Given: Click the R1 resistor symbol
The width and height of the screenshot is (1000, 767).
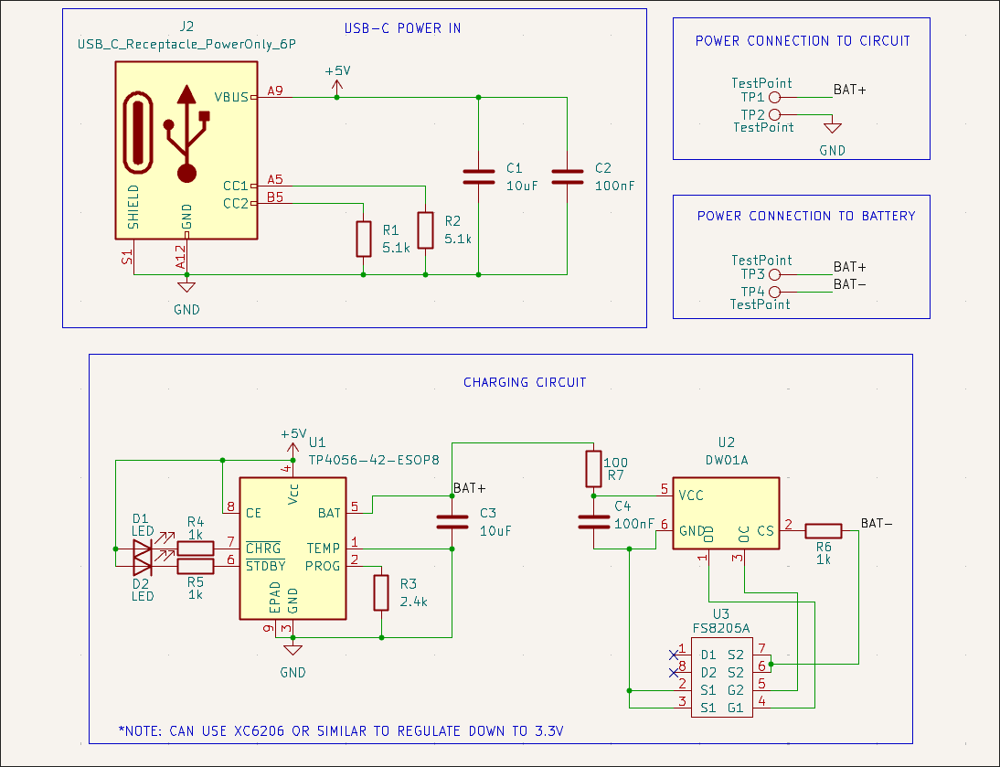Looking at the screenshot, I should pyautogui.click(x=364, y=239).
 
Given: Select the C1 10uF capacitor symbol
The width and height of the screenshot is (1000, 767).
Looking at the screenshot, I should pyautogui.click(x=478, y=176).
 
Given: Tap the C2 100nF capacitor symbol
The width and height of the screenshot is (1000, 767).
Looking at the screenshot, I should pyautogui.click(x=567, y=176).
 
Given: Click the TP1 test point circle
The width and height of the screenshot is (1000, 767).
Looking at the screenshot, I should pyautogui.click(x=774, y=97).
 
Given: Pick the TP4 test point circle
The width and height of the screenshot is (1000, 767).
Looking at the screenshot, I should pyautogui.click(x=774, y=292).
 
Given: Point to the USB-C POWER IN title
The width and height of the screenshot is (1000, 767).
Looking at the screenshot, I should pyautogui.click(x=402, y=28).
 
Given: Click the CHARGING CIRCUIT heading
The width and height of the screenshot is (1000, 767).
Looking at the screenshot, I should pyautogui.click(x=525, y=382).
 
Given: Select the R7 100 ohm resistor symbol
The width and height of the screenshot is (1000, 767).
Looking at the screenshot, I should pyautogui.click(x=593, y=469).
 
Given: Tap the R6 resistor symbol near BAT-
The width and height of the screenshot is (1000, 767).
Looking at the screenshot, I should pyautogui.click(x=823, y=530).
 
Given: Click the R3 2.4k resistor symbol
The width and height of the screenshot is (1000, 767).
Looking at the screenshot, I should pyautogui.click(x=382, y=592).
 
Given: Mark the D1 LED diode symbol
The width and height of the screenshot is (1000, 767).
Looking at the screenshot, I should pyautogui.click(x=141, y=549).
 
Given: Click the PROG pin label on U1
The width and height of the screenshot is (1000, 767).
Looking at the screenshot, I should pyautogui.click(x=323, y=566).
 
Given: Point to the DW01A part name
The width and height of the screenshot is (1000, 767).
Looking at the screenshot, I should pyautogui.click(x=727, y=461).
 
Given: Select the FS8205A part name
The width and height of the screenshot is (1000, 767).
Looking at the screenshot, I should pyautogui.click(x=720, y=629).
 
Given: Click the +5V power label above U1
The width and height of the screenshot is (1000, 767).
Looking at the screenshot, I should pyautogui.click(x=293, y=434).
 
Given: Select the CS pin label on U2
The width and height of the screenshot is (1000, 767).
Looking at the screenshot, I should pyautogui.click(x=765, y=530).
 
